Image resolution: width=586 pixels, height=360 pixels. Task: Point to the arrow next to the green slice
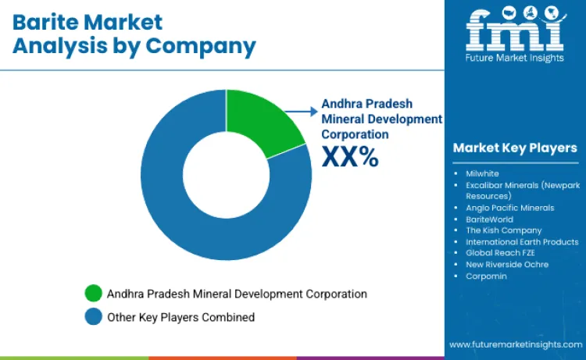tap(301, 112)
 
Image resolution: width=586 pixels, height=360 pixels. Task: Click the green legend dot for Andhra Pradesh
tap(94, 294)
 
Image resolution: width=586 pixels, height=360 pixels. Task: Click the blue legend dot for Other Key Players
tap(94, 317)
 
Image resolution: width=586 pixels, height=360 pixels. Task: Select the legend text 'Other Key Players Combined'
tap(181, 317)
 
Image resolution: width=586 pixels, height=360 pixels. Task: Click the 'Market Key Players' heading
tap(515, 148)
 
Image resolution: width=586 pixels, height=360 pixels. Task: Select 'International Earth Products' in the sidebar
tap(522, 242)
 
